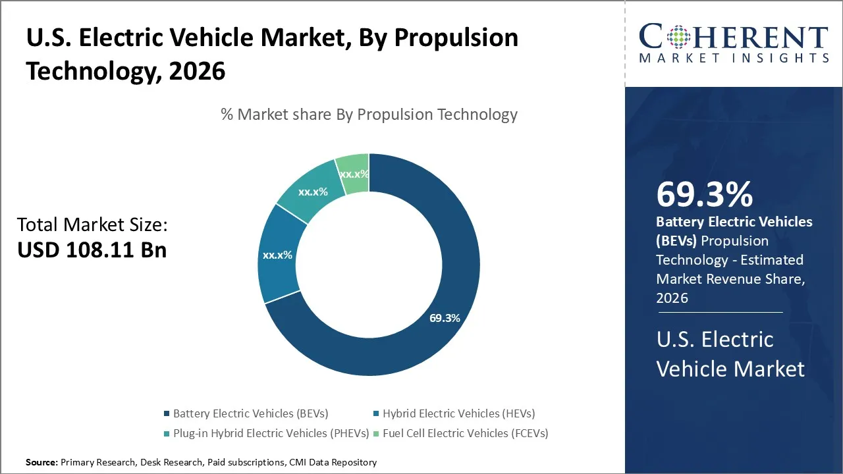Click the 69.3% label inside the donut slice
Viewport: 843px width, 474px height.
[x=445, y=318]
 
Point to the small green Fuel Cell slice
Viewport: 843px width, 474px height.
[x=353, y=173]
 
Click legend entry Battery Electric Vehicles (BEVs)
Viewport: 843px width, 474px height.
[x=250, y=413]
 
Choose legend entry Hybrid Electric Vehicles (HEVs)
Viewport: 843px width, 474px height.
[x=459, y=413]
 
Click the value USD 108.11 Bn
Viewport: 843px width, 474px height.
[x=92, y=250]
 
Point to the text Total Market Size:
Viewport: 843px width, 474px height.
[x=92, y=225]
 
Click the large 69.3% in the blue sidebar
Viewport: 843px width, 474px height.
[x=704, y=194]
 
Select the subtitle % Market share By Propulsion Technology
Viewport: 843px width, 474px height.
[x=369, y=115]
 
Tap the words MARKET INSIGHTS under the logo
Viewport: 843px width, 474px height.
[x=734, y=58]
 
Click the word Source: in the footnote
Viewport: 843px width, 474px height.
[x=41, y=462]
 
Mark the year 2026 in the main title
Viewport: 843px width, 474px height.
[x=197, y=71]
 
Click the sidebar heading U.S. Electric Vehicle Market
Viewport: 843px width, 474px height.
[x=730, y=354]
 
